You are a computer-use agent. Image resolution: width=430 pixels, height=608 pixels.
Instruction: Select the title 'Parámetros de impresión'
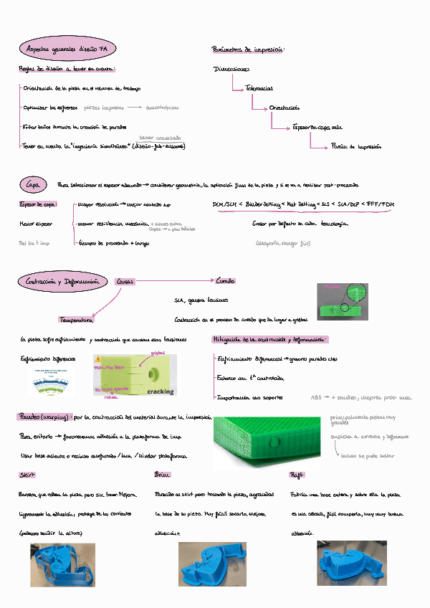pos(248,49)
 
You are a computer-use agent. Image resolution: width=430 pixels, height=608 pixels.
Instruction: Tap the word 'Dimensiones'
pos(231,70)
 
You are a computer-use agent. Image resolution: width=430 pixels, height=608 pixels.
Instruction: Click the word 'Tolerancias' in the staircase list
pos(259,88)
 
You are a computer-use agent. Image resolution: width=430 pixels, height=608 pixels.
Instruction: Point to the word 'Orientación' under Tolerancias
pos(285,108)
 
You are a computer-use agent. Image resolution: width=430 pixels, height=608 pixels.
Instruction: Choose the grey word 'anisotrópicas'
pos(165,108)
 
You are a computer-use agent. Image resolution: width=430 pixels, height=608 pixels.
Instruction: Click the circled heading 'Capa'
pos(34,185)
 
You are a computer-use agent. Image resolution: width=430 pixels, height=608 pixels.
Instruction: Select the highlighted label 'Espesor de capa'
pos(38,204)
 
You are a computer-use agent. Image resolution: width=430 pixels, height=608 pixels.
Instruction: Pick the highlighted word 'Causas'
pos(126,282)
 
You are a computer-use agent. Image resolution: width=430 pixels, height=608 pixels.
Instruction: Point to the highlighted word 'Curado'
pos(225,281)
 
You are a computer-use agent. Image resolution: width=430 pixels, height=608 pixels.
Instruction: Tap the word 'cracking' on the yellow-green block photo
pos(161,391)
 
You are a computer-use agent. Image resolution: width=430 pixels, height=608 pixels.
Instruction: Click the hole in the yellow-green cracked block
pos(153,373)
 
